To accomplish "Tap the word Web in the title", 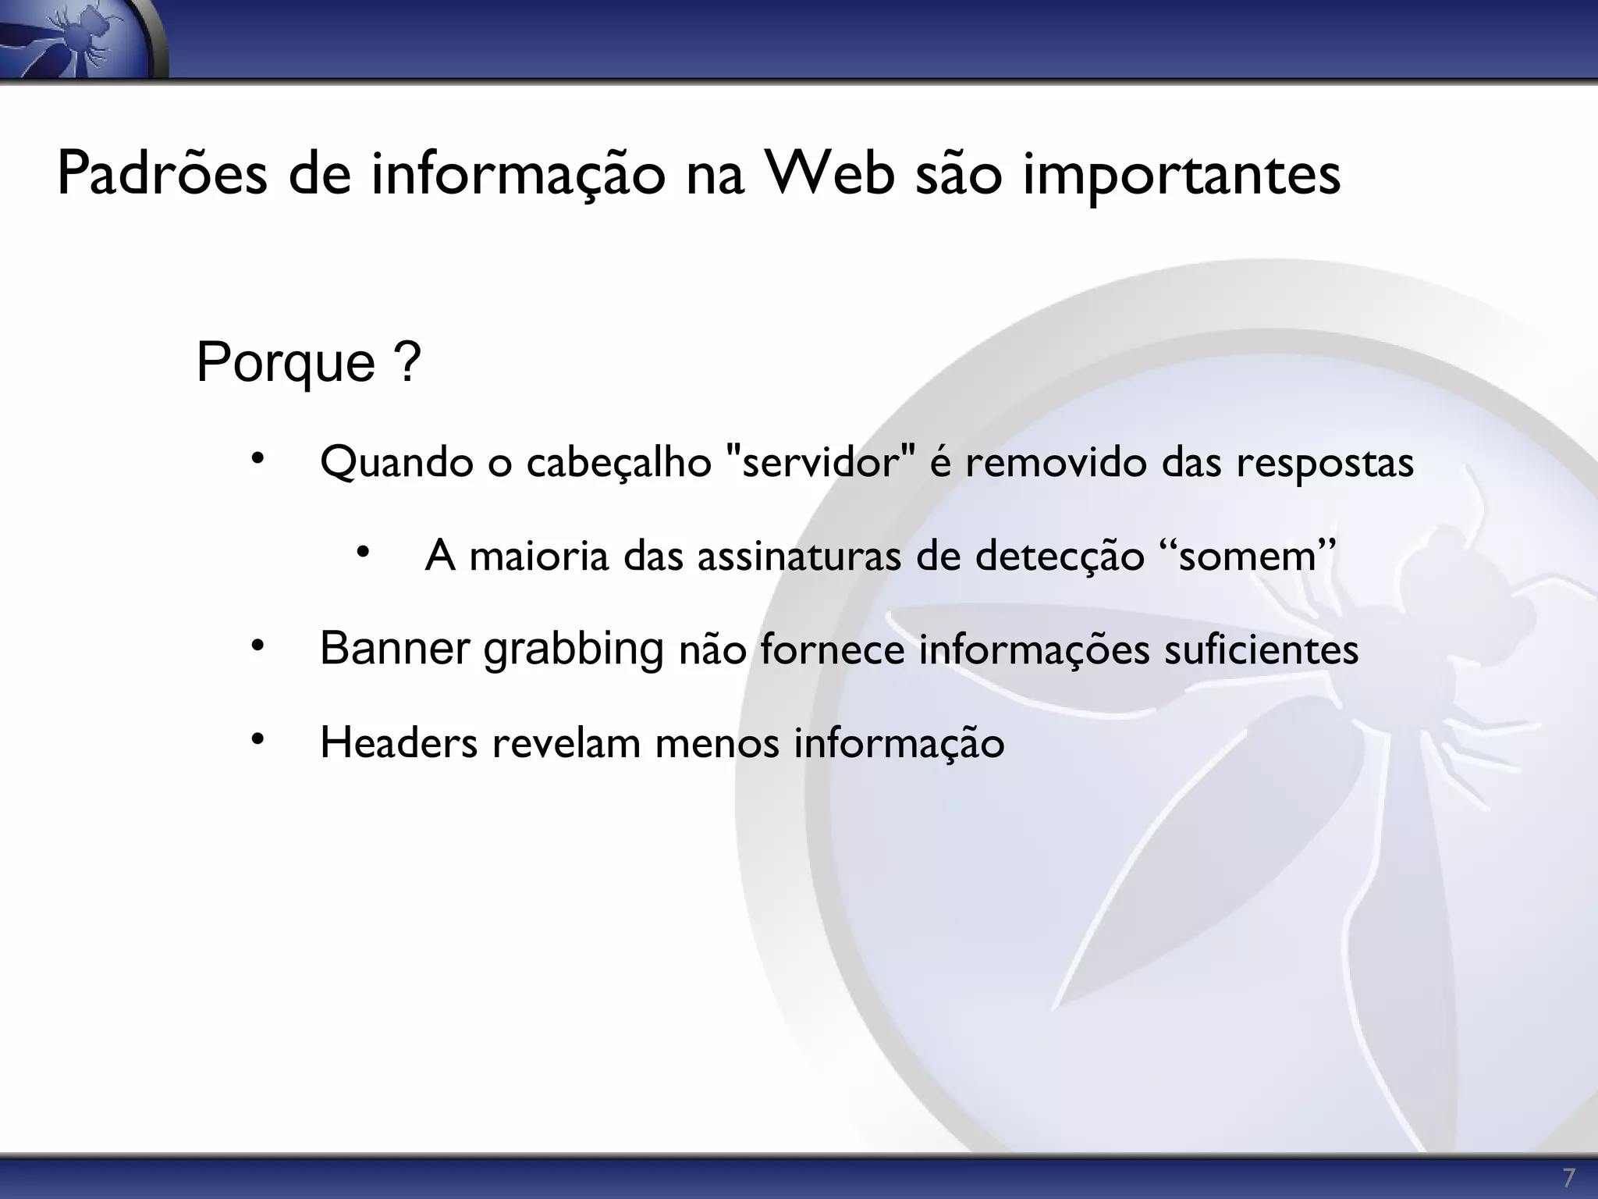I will (x=829, y=174).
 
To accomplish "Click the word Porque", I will (x=286, y=362).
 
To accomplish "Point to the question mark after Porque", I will (x=408, y=362).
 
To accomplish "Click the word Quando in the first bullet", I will (x=396, y=463).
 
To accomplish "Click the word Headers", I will (x=399, y=742).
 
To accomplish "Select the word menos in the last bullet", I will (x=717, y=743).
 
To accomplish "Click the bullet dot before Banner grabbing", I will (x=258, y=646).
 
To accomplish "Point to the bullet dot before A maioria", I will (x=362, y=553).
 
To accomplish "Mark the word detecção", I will (x=1059, y=557).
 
